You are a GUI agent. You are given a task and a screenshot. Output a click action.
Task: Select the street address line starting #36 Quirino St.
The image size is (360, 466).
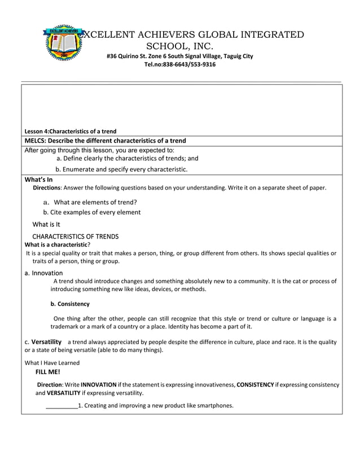tap(179, 56)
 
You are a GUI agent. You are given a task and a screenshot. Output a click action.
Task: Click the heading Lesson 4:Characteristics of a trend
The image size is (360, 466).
tap(71, 131)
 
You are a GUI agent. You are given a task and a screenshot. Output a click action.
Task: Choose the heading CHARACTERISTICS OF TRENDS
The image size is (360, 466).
tap(76, 236)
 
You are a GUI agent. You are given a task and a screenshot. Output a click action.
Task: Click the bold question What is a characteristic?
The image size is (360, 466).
tap(58, 245)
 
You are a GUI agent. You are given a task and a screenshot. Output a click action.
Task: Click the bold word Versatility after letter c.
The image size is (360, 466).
tap(46, 342)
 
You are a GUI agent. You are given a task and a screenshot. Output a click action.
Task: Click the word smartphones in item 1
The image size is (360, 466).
tap(213, 405)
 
